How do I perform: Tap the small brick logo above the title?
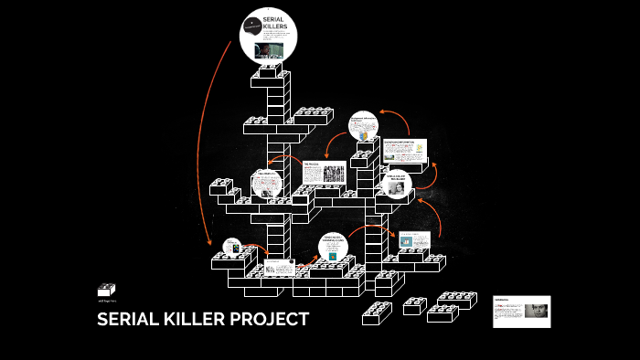(x=106, y=290)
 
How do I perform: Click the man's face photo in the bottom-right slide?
(x=534, y=311)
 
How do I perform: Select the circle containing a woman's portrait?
(x=400, y=185)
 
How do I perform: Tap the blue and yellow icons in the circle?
(x=364, y=134)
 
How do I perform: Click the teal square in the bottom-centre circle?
(x=332, y=255)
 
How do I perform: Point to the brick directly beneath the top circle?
(x=272, y=71)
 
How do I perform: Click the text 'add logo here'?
(x=106, y=301)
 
